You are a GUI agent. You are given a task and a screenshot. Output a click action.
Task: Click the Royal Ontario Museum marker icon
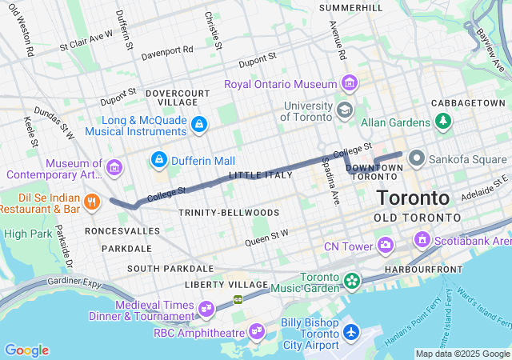349,83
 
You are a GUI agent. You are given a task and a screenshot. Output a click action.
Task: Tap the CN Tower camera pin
386,244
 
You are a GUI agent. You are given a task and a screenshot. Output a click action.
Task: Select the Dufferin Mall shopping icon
159,160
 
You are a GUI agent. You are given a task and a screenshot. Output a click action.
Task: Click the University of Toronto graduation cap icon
345,110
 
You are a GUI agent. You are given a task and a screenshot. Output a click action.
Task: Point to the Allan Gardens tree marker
441,121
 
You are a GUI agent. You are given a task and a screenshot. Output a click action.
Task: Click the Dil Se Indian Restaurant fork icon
93,202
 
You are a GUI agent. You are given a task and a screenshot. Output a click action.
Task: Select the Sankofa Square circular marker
416,158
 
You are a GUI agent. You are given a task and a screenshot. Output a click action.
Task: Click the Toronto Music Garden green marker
351,281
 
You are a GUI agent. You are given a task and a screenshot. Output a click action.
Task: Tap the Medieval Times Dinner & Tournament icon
206,307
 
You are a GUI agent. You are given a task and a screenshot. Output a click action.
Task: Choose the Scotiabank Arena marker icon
422,239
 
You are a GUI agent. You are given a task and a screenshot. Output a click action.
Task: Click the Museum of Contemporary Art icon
114,167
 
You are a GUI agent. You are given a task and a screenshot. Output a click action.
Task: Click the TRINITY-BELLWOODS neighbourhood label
229,213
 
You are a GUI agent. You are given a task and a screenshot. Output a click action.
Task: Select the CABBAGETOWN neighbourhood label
468,104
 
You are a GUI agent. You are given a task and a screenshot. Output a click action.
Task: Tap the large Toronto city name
413,198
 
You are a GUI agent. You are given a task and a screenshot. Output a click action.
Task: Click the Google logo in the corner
26,350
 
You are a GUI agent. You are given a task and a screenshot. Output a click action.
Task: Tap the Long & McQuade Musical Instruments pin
199,123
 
